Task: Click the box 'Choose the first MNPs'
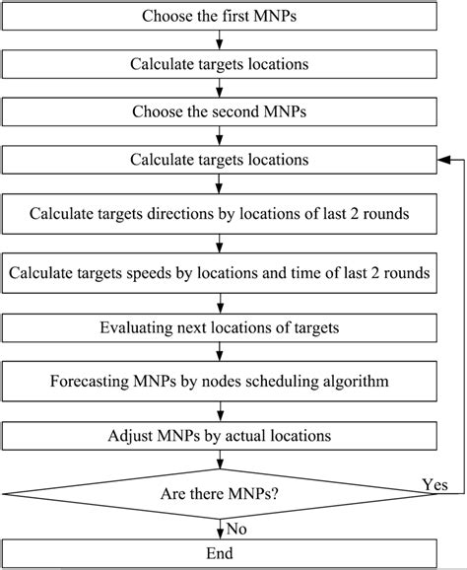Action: (220, 17)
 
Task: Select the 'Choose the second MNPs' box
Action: (220, 111)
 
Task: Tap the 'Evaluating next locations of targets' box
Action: (220, 327)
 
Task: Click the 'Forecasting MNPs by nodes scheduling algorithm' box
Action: (220, 381)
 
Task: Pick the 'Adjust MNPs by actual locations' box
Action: (220, 435)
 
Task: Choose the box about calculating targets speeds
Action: (220, 273)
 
